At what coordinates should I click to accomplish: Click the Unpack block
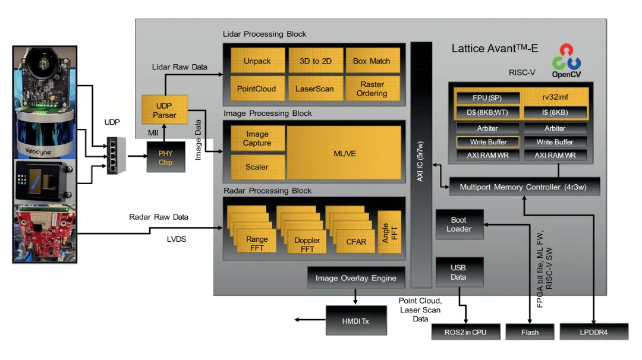tap(257, 61)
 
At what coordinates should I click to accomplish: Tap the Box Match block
tap(372, 61)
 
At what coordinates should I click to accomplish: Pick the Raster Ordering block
tap(372, 89)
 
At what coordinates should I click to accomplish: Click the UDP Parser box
tap(164, 110)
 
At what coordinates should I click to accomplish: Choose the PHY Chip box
tap(165, 157)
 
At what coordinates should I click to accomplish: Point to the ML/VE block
tap(345, 154)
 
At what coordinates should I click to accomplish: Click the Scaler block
tap(257, 167)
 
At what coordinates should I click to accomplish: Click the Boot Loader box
tap(459, 225)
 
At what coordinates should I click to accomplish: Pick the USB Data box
tap(459, 273)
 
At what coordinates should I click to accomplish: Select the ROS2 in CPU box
tap(466, 332)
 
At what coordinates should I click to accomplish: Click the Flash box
tap(530, 332)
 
